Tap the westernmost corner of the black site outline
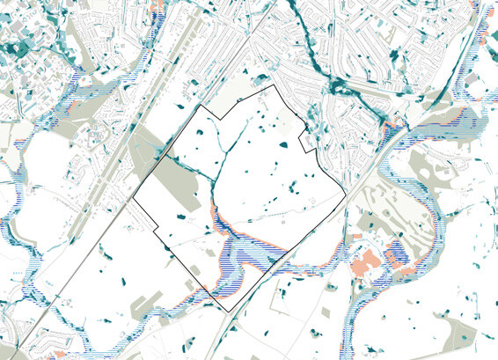pos(133,202)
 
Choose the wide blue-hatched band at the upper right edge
pos(449,129)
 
